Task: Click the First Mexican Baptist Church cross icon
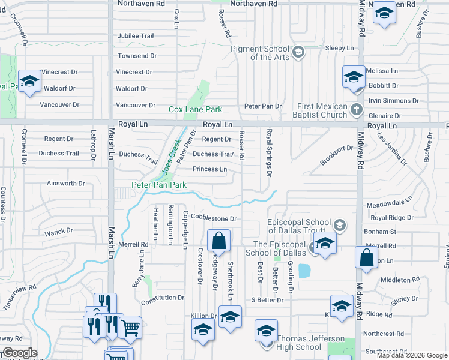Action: tap(357, 110)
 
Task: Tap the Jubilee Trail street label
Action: tap(135, 36)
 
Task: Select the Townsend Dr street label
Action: tap(136, 56)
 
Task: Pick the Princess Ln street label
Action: tap(209, 169)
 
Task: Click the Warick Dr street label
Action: tap(59, 230)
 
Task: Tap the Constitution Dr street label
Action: tap(163, 298)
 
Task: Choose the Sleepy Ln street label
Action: tap(339, 48)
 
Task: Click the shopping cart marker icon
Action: tap(130, 327)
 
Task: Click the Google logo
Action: tap(20, 353)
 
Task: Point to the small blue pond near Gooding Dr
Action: tap(304, 270)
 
